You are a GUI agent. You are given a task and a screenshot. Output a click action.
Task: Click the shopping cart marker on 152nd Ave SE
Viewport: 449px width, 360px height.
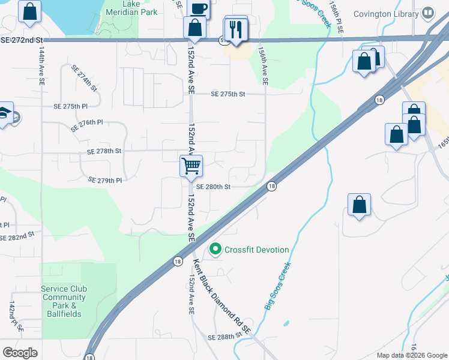pos(191,166)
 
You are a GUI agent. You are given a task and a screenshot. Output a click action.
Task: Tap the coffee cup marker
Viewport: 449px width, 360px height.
pos(198,8)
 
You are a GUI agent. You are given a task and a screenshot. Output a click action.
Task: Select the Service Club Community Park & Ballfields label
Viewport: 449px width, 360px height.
pos(64,301)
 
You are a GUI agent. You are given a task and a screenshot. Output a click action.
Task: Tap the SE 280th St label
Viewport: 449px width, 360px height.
pos(213,187)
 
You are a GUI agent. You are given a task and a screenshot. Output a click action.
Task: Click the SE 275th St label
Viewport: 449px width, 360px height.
pos(228,94)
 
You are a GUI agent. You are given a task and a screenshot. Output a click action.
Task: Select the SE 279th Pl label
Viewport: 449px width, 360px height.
pos(105,180)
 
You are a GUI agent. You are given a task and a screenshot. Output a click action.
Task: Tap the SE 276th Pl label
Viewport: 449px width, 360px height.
pos(87,125)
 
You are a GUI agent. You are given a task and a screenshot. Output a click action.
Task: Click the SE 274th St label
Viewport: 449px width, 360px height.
pos(84,78)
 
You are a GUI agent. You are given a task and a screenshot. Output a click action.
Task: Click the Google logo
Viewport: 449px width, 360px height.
pos(20,353)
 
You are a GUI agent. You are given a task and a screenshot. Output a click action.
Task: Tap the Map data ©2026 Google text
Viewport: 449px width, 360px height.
pos(412,355)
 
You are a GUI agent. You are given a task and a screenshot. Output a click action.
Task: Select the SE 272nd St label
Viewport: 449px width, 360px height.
pos(23,40)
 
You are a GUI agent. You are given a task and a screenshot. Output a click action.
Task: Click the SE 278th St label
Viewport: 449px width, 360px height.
pos(104,151)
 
